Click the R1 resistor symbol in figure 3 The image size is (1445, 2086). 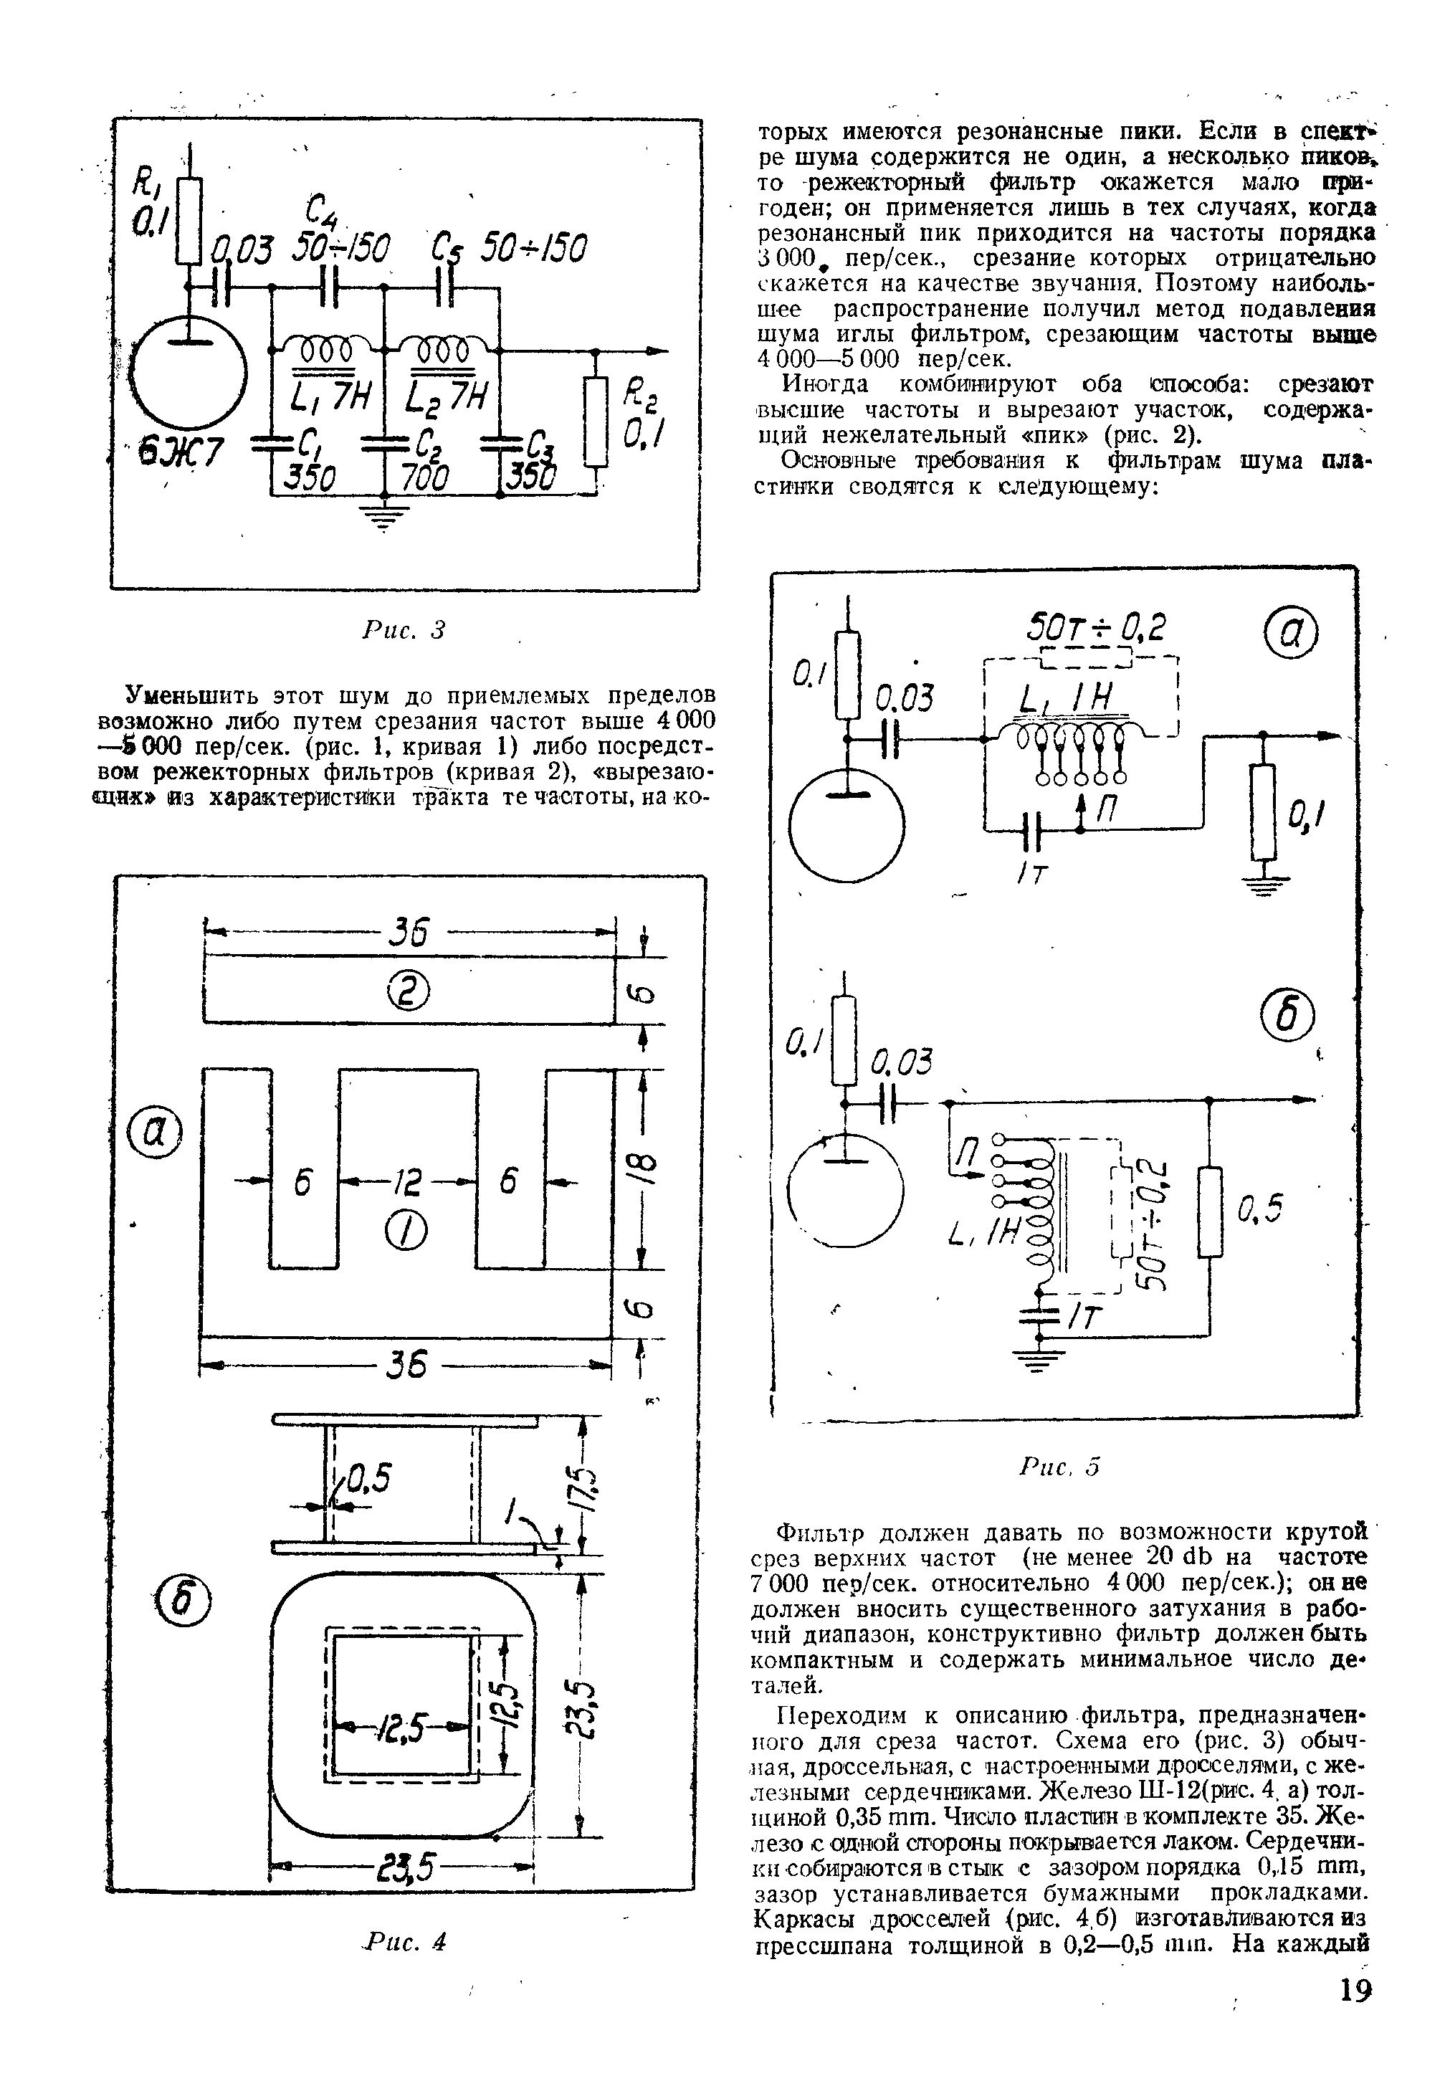click(189, 221)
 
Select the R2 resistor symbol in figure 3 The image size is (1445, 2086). click(595, 422)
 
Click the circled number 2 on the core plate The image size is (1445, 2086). click(409, 994)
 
